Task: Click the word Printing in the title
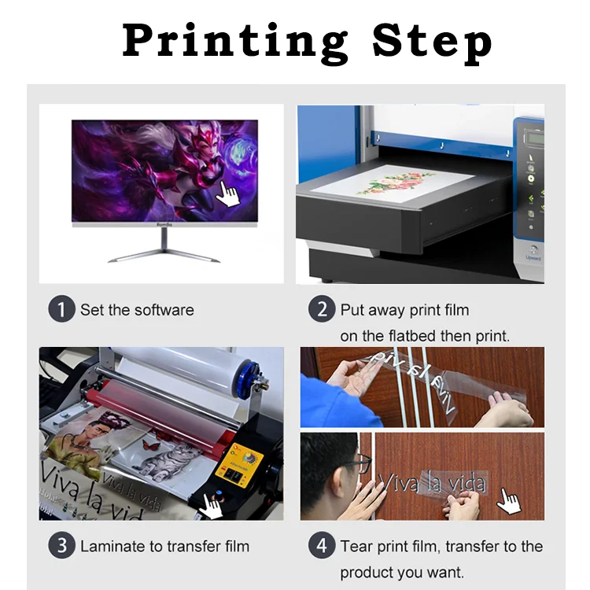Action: pos(234,42)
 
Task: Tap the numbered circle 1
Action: pos(62,310)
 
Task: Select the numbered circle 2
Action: pos(322,310)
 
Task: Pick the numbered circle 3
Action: pos(62,546)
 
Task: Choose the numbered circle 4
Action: pos(322,546)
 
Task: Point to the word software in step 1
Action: pos(164,310)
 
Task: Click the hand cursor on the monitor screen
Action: pos(228,193)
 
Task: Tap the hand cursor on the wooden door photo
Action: pos(511,500)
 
